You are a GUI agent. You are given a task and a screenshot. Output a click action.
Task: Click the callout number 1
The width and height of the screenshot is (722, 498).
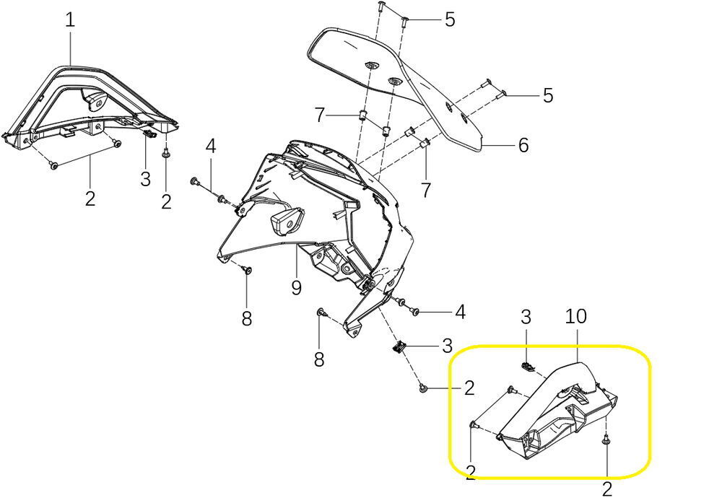[70, 19]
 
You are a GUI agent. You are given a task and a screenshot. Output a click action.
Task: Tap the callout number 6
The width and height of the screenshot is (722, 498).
[523, 145]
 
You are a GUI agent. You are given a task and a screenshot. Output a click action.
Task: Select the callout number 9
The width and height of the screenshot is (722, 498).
[296, 287]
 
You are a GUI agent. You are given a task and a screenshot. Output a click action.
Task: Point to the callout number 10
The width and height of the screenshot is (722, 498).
[577, 316]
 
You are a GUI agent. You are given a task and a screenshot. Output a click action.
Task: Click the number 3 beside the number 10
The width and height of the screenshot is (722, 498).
[526, 316]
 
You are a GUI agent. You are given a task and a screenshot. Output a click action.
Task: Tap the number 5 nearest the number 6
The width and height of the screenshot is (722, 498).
[548, 95]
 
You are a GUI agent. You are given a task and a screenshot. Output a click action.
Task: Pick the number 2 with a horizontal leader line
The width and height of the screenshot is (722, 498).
[469, 389]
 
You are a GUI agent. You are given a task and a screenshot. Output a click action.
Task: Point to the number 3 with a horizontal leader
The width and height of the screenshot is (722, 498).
[447, 346]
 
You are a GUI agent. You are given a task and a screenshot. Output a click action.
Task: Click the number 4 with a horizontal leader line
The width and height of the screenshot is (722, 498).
[459, 312]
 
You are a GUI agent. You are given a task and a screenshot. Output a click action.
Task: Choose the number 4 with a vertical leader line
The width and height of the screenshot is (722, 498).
[210, 147]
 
